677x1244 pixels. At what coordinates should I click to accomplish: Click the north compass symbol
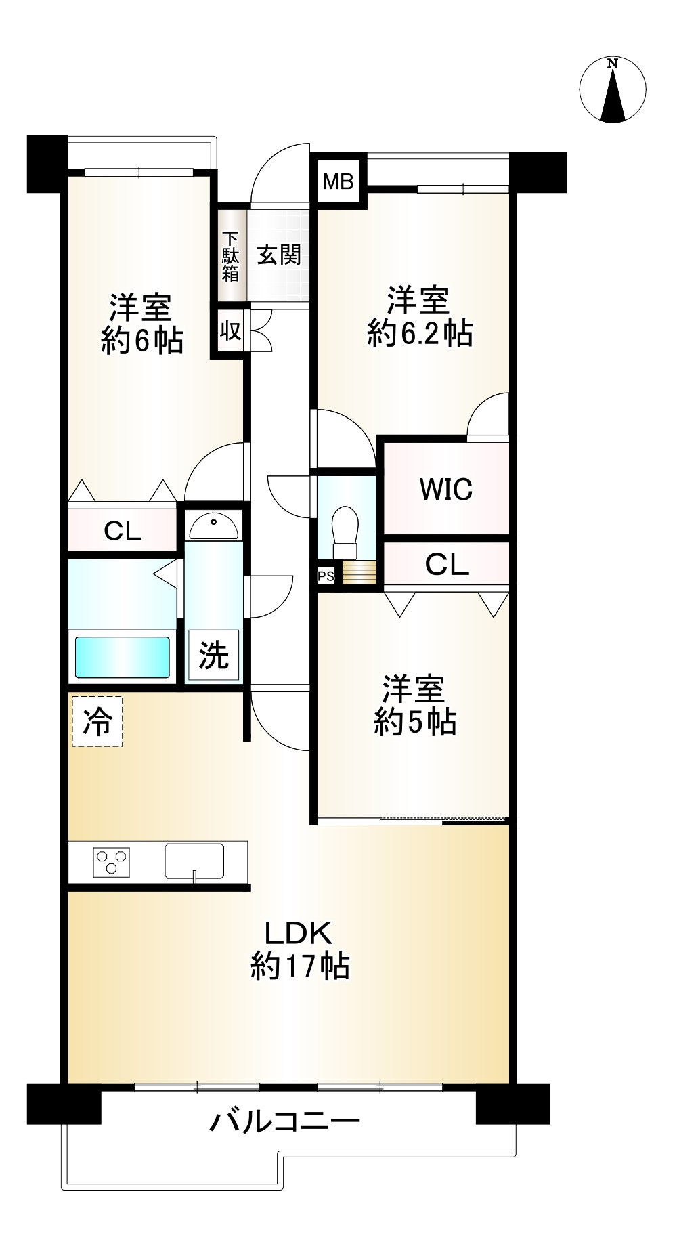point(613,90)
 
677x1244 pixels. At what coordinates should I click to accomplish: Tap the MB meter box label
point(338,181)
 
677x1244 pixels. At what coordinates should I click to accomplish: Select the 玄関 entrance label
point(279,255)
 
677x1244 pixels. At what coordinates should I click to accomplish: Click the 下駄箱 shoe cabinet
point(231,256)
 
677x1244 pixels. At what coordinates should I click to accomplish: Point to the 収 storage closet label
point(230,332)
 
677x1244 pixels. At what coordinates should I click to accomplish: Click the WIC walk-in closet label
point(446,489)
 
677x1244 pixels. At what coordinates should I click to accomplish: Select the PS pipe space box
point(326,576)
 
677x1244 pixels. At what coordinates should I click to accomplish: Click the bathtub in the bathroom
point(122,656)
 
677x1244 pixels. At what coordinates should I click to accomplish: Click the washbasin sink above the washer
point(213,525)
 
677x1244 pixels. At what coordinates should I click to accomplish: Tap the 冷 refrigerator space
point(97,722)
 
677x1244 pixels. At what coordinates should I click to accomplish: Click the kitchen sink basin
point(194,861)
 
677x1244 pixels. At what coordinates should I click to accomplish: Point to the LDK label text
point(298,933)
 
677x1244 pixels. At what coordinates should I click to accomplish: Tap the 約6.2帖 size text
point(420,334)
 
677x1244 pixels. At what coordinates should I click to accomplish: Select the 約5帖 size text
point(415,723)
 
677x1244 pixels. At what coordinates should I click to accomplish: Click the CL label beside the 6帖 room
point(123,532)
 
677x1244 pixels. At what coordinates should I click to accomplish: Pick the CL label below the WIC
point(447,564)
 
